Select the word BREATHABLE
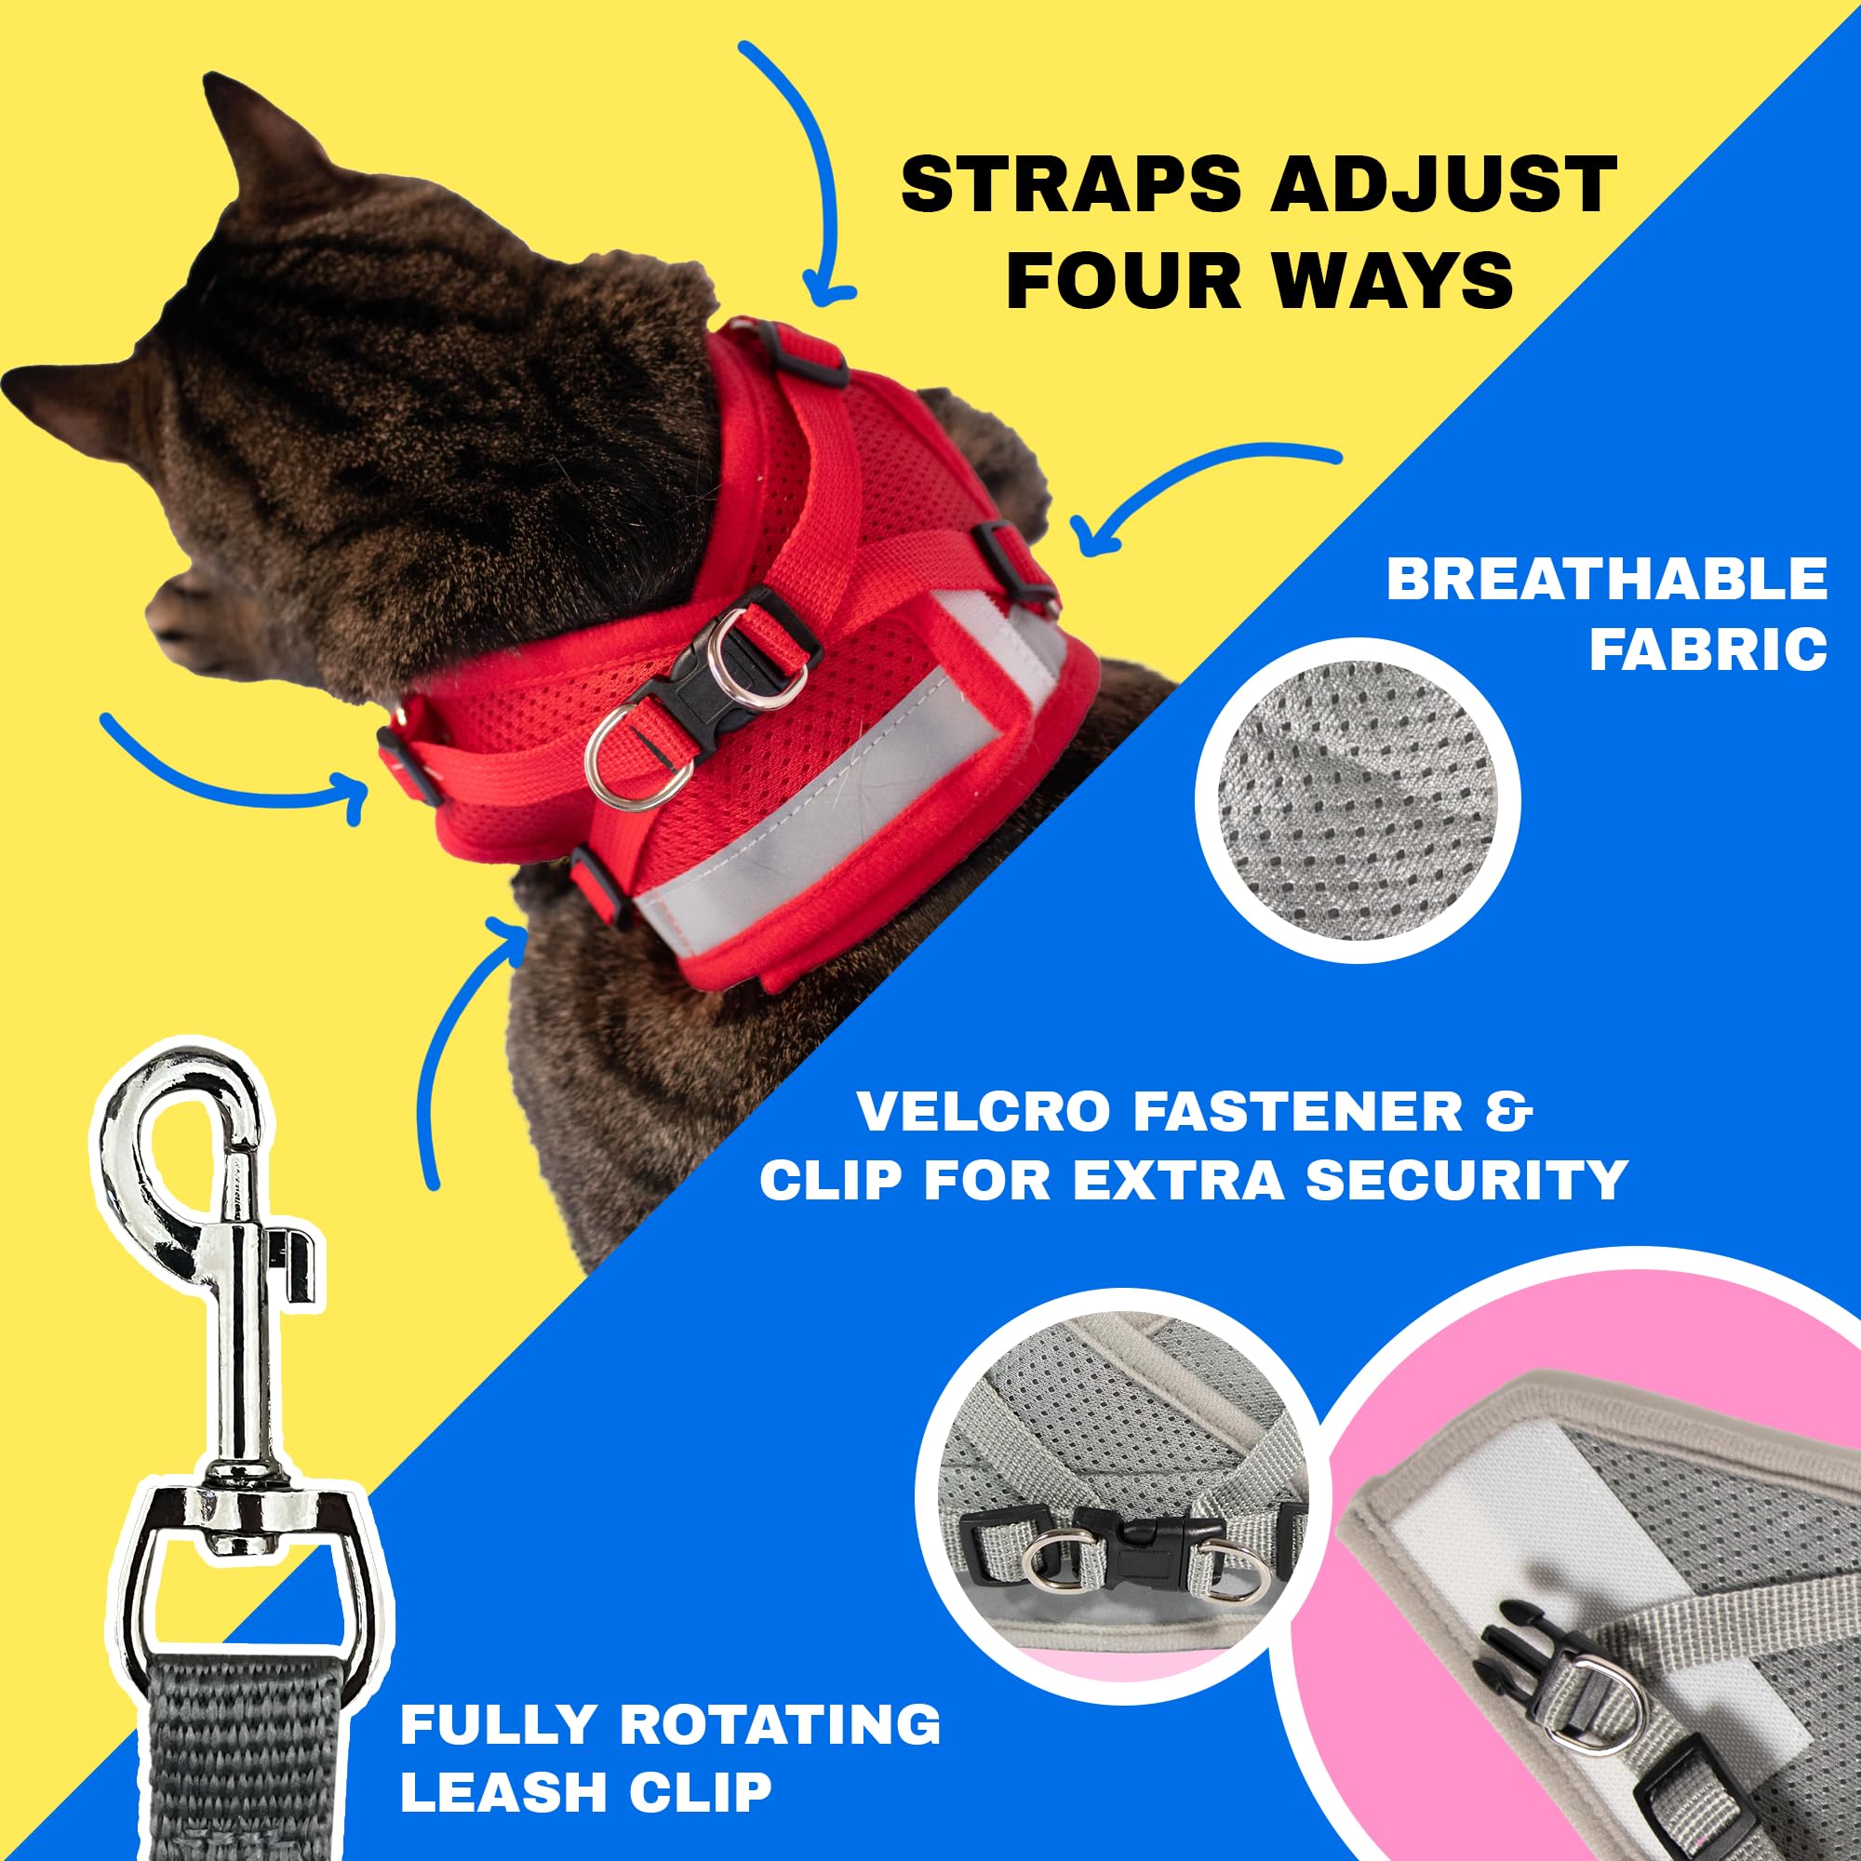[1607, 580]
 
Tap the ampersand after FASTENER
[1516, 1112]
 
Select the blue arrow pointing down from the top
[799, 173]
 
